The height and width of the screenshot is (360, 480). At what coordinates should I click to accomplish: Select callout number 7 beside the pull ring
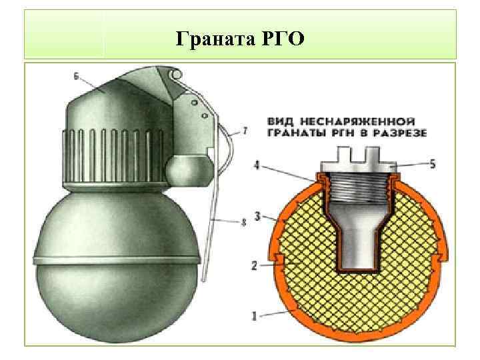[245, 131]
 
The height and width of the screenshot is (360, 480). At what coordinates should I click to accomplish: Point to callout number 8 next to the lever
[243, 222]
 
